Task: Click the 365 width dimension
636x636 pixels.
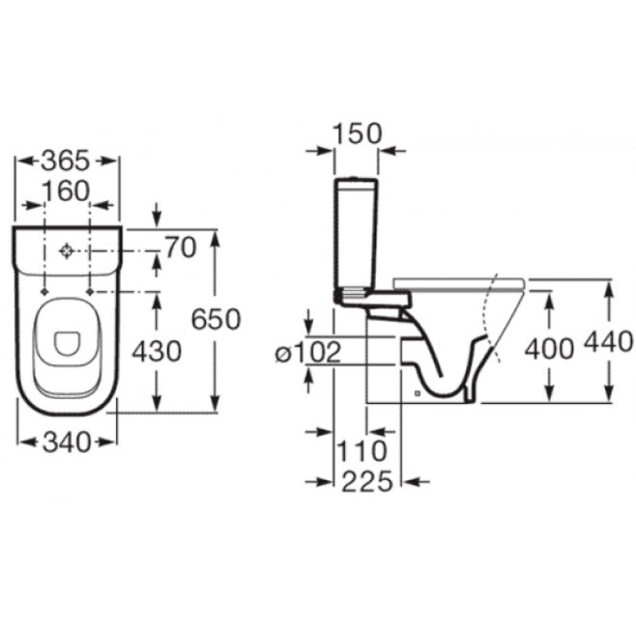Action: (x=65, y=161)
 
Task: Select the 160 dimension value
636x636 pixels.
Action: (x=66, y=191)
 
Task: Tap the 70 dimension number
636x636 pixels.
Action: (x=180, y=247)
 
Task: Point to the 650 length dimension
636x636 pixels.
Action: (x=216, y=319)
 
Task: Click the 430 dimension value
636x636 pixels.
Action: (x=157, y=351)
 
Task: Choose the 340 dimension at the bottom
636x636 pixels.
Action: (x=67, y=442)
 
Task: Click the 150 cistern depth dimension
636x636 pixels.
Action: (x=357, y=134)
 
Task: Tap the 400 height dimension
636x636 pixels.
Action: (x=549, y=349)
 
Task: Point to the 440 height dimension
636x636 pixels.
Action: (x=608, y=341)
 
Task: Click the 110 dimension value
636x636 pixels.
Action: (x=363, y=451)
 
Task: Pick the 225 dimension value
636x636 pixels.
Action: (x=367, y=482)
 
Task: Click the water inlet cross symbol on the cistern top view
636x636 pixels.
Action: (x=66, y=251)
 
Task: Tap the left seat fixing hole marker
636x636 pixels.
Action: (x=45, y=292)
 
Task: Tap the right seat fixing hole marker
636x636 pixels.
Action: (x=90, y=292)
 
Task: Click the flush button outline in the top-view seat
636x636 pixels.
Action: (x=68, y=344)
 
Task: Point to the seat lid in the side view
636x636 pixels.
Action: (x=460, y=285)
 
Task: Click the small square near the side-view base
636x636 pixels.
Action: (x=417, y=393)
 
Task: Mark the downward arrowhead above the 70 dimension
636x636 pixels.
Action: (x=157, y=221)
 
